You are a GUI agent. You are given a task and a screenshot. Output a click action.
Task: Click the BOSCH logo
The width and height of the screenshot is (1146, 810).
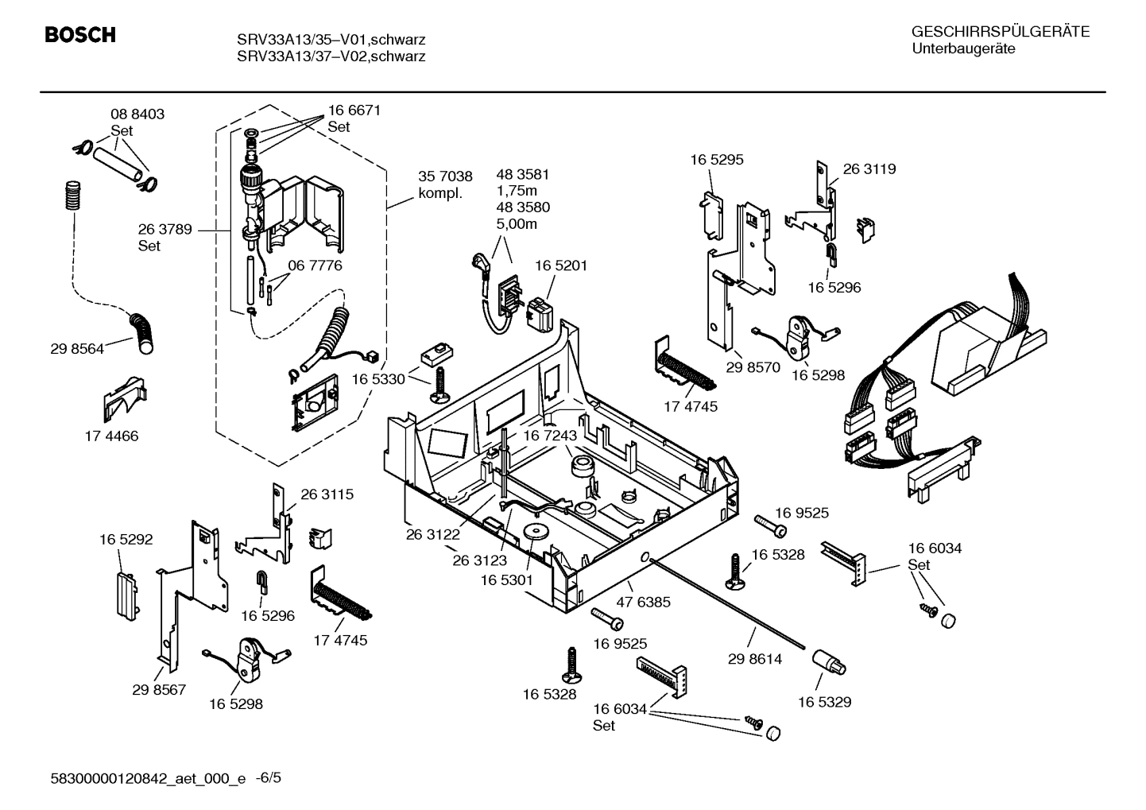(x=80, y=36)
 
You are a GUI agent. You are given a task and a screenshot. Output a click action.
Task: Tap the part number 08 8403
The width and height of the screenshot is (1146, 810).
(x=137, y=114)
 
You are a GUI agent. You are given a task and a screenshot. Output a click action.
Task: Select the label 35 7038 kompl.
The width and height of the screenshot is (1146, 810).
(x=445, y=185)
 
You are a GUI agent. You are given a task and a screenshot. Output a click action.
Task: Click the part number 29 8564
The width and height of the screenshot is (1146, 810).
(x=77, y=349)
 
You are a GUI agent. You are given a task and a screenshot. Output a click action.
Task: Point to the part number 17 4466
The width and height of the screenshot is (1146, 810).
(x=111, y=436)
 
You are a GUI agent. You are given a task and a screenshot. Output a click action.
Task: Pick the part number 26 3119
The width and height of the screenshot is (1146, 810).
(x=869, y=169)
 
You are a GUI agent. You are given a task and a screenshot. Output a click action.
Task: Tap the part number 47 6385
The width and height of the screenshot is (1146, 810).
(x=644, y=603)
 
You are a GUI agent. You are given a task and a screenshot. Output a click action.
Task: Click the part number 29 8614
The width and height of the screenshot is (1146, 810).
(x=755, y=659)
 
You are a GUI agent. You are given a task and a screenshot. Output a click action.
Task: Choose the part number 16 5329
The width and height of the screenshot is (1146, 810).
(x=824, y=702)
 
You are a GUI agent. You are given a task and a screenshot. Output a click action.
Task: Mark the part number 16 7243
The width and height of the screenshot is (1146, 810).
(x=549, y=436)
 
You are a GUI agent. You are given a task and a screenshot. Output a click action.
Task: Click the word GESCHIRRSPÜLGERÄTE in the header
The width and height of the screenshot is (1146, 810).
(x=1000, y=33)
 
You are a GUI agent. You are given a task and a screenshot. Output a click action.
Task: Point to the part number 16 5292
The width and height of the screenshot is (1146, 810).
(x=126, y=540)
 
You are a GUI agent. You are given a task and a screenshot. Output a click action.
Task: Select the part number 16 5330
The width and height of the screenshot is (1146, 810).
(x=378, y=380)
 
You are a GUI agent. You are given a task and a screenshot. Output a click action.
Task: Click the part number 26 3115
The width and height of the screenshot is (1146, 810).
(x=327, y=494)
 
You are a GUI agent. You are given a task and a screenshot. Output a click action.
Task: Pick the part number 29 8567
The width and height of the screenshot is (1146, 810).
(x=159, y=690)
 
